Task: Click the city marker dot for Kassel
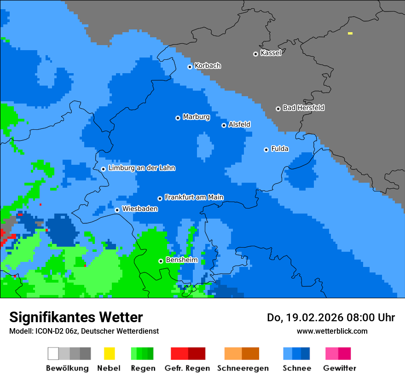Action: point(255,54)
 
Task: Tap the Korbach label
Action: point(208,66)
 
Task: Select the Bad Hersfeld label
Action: point(303,108)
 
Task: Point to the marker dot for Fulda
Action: point(266,150)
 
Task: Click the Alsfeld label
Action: point(239,125)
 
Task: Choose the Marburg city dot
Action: point(178,118)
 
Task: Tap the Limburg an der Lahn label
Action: point(141,168)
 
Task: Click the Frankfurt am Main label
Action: point(194,197)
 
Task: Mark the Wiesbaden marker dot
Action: point(117,210)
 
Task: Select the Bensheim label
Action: point(181,260)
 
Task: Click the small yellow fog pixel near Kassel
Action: point(350,34)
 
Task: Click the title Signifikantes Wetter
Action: point(76,317)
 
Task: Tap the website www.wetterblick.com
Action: point(332,331)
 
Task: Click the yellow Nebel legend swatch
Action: point(109,353)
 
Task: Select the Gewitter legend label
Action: point(339,368)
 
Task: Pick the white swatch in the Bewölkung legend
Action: point(53,353)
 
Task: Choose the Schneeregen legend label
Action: point(243,368)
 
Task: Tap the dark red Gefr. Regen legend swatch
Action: point(197,353)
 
